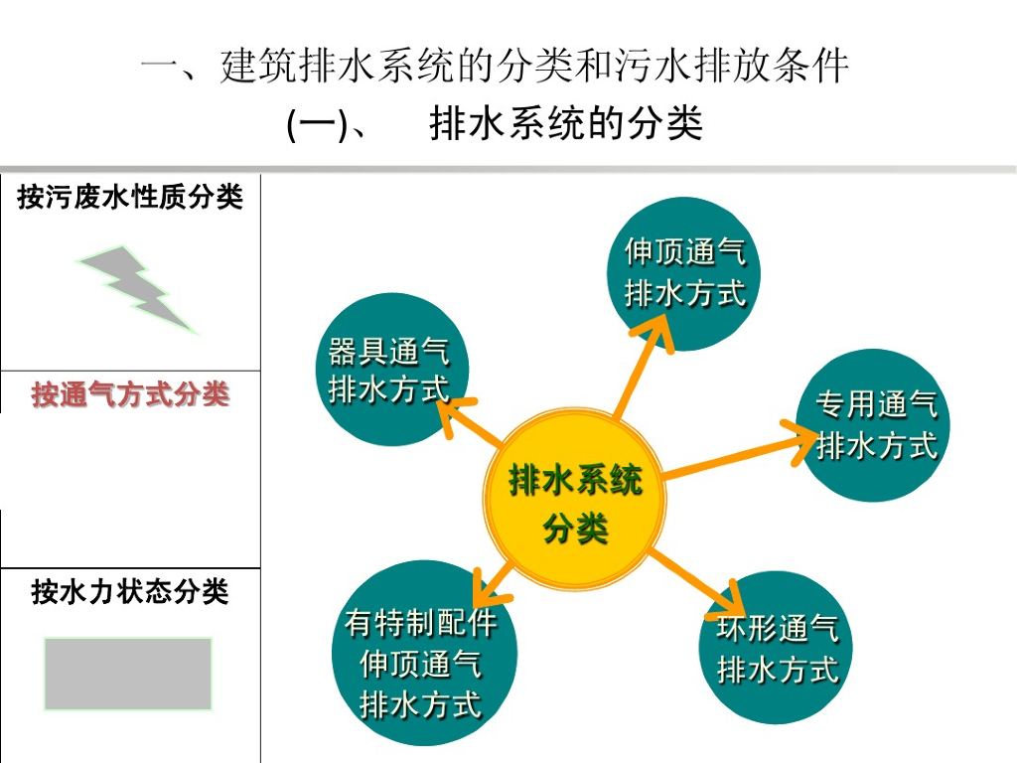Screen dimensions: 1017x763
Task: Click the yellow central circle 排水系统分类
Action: point(575,503)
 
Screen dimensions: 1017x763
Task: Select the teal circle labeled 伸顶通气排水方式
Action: point(684,272)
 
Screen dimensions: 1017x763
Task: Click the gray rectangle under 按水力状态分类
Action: point(128,674)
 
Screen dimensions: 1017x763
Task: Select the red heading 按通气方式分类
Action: point(130,394)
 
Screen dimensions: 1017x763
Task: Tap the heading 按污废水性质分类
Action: point(130,197)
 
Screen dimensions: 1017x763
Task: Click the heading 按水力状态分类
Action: point(130,592)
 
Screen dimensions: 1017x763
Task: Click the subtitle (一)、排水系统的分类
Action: point(495,125)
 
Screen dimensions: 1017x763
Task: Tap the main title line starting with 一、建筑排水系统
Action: point(495,68)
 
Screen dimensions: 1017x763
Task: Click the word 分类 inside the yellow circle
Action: point(575,528)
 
